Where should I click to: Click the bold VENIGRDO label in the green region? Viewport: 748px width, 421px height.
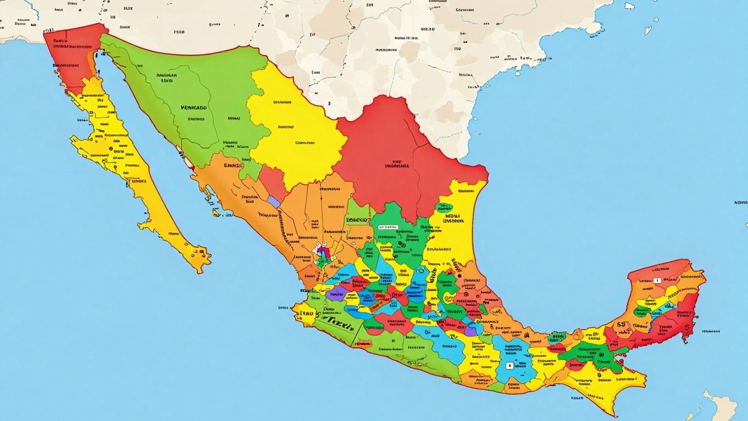(x=193, y=108)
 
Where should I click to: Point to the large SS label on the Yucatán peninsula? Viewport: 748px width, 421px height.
(x=621, y=325)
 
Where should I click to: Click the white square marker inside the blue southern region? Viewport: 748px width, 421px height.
(x=510, y=366)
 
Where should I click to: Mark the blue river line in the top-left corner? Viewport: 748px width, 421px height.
(x=34, y=8)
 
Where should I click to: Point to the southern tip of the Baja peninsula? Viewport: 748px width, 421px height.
(x=199, y=269)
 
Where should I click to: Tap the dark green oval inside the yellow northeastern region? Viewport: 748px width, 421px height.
(x=444, y=208)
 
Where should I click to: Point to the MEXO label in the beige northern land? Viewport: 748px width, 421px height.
(x=428, y=29)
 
